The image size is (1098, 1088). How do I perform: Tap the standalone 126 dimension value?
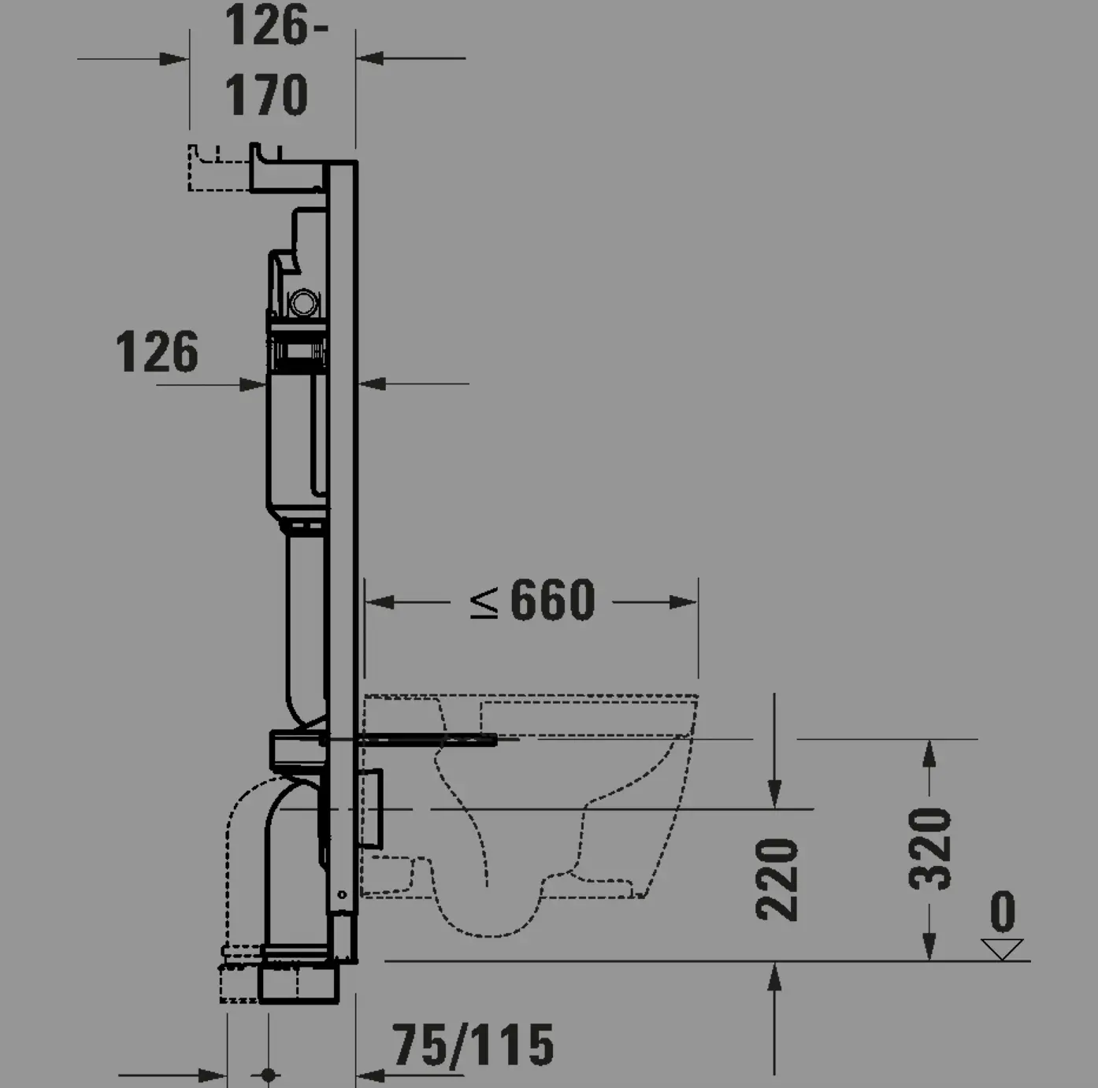click(x=158, y=352)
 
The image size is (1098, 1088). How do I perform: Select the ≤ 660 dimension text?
click(x=532, y=601)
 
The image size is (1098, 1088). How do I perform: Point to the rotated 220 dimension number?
click(x=777, y=879)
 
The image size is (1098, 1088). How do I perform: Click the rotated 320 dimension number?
click(x=930, y=848)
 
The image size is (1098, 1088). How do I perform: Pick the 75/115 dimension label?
click(x=473, y=1045)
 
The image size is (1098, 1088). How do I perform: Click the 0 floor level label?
click(x=1002, y=912)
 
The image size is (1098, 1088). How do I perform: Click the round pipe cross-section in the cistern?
click(x=303, y=302)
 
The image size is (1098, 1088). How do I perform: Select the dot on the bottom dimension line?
click(x=268, y=1075)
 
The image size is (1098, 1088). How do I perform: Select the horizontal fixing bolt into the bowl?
click(x=425, y=739)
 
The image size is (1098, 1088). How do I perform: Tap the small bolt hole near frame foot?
click(x=342, y=894)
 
